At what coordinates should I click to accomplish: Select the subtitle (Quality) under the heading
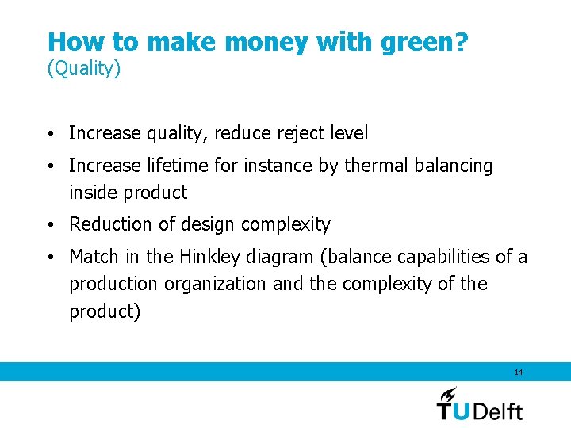[84, 69]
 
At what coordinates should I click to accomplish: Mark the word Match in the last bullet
[93, 257]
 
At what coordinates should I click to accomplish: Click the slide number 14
[519, 372]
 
